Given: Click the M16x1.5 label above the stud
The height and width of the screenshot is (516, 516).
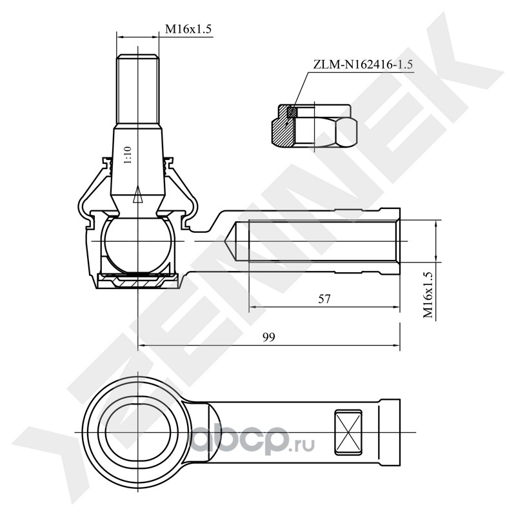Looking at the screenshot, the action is point(189,29).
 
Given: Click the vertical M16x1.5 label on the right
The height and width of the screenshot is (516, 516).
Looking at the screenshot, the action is point(427,294).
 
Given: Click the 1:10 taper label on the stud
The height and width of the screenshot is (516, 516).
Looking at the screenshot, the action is point(127,157).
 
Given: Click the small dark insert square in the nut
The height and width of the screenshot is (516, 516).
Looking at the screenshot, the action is point(292,112).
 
